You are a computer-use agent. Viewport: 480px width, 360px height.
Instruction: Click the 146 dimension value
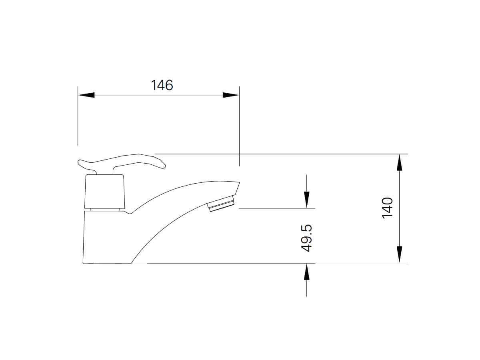pyautogui.click(x=162, y=85)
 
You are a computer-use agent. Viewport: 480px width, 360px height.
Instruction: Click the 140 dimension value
pyautogui.click(x=388, y=208)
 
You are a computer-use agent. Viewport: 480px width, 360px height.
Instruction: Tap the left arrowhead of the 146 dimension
pyautogui.click(x=86, y=95)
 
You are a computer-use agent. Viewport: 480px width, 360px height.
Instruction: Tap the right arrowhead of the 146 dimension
pyautogui.click(x=231, y=95)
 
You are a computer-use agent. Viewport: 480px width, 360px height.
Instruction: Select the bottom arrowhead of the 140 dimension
pyautogui.click(x=399, y=254)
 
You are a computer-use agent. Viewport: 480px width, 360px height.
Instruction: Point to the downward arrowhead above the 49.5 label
pyautogui.click(x=307, y=200)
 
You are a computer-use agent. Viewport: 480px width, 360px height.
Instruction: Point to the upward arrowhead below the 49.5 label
pyautogui.click(x=307, y=272)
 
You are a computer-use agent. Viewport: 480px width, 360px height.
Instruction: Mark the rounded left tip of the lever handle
pyautogui.click(x=80, y=162)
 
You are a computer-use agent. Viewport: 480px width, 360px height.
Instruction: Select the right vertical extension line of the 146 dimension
pyautogui.click(x=239, y=128)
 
